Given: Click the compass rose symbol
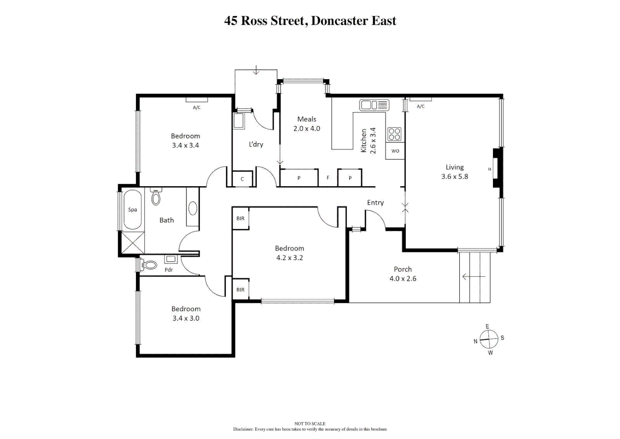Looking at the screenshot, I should (x=489, y=339).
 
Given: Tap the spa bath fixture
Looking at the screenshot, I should (x=132, y=210).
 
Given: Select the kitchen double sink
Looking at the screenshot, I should (x=374, y=105).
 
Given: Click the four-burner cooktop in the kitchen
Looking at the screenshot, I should (x=394, y=134).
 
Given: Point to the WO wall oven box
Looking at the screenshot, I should (x=395, y=151).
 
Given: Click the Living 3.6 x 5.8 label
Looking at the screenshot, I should (x=454, y=172).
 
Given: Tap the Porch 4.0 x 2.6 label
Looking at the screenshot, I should (x=403, y=274).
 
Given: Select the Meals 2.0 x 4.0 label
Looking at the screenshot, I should (x=307, y=124).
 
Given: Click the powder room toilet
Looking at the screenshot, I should (x=149, y=265).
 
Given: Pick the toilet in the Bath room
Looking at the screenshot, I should (x=156, y=197).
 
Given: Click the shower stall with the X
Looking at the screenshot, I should (x=133, y=243).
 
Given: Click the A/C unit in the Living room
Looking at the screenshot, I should (x=420, y=99).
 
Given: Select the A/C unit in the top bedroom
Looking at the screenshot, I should (x=197, y=100).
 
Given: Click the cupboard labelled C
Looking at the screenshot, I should (x=242, y=179).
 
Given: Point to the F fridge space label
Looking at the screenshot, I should (x=328, y=178).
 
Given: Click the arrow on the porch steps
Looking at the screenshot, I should (x=473, y=277).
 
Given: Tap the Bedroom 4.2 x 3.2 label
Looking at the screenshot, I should (x=289, y=253).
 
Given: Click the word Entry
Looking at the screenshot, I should (x=375, y=202).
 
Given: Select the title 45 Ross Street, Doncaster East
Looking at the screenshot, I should (x=310, y=21).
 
